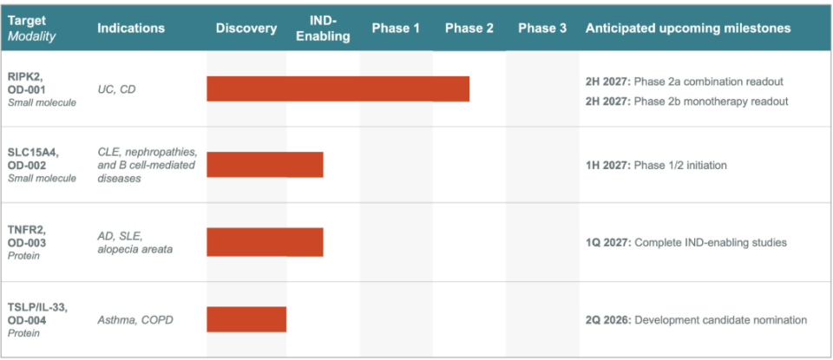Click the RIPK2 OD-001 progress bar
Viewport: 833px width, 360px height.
click(338, 88)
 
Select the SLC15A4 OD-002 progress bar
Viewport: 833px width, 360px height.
click(266, 165)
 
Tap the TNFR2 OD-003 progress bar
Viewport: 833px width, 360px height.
click(266, 242)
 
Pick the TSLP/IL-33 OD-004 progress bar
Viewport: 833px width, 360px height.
click(246, 319)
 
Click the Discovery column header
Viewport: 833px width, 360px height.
click(246, 29)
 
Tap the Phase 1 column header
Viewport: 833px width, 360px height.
click(396, 29)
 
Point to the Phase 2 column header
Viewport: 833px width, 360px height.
click(469, 29)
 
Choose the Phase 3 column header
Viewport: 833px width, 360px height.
click(542, 29)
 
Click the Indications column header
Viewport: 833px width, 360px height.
click(131, 29)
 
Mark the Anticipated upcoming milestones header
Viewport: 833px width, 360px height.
click(688, 29)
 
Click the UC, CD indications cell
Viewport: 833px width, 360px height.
click(116, 89)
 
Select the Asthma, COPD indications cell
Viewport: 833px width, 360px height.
click(135, 320)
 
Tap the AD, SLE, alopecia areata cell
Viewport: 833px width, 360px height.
click(135, 242)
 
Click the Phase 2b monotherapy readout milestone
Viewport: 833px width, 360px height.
click(687, 101)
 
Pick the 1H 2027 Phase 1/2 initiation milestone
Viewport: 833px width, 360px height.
click(656, 165)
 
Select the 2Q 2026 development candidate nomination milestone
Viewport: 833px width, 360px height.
click(697, 320)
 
